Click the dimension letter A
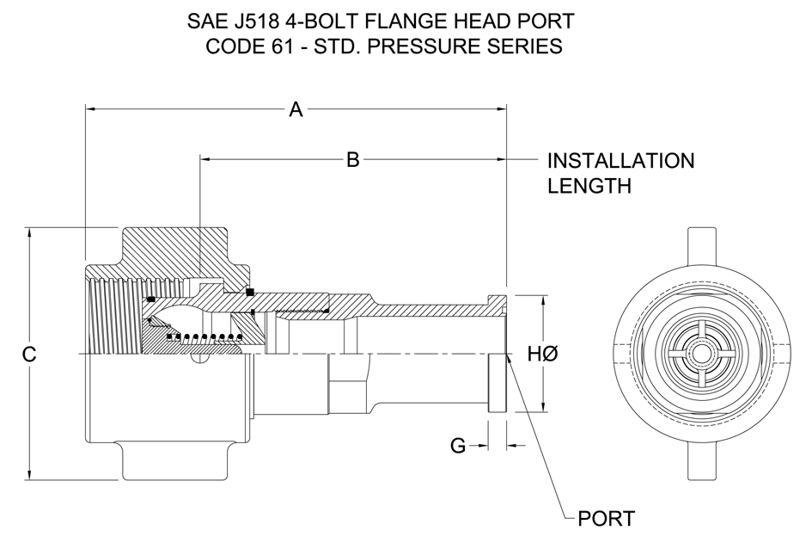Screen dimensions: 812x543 296,109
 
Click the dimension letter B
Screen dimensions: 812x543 352,160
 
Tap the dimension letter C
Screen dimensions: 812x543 29,355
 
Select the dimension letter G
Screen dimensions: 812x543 458,446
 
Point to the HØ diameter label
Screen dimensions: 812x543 543,355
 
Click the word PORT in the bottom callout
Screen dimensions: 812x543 607,518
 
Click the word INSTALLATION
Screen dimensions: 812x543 621,161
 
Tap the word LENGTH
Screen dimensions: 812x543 589,186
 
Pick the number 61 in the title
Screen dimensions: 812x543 280,46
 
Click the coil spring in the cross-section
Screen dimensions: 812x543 205,338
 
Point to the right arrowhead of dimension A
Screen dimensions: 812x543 501,109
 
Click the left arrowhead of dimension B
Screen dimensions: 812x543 206,160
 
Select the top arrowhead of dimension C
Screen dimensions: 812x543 29,233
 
